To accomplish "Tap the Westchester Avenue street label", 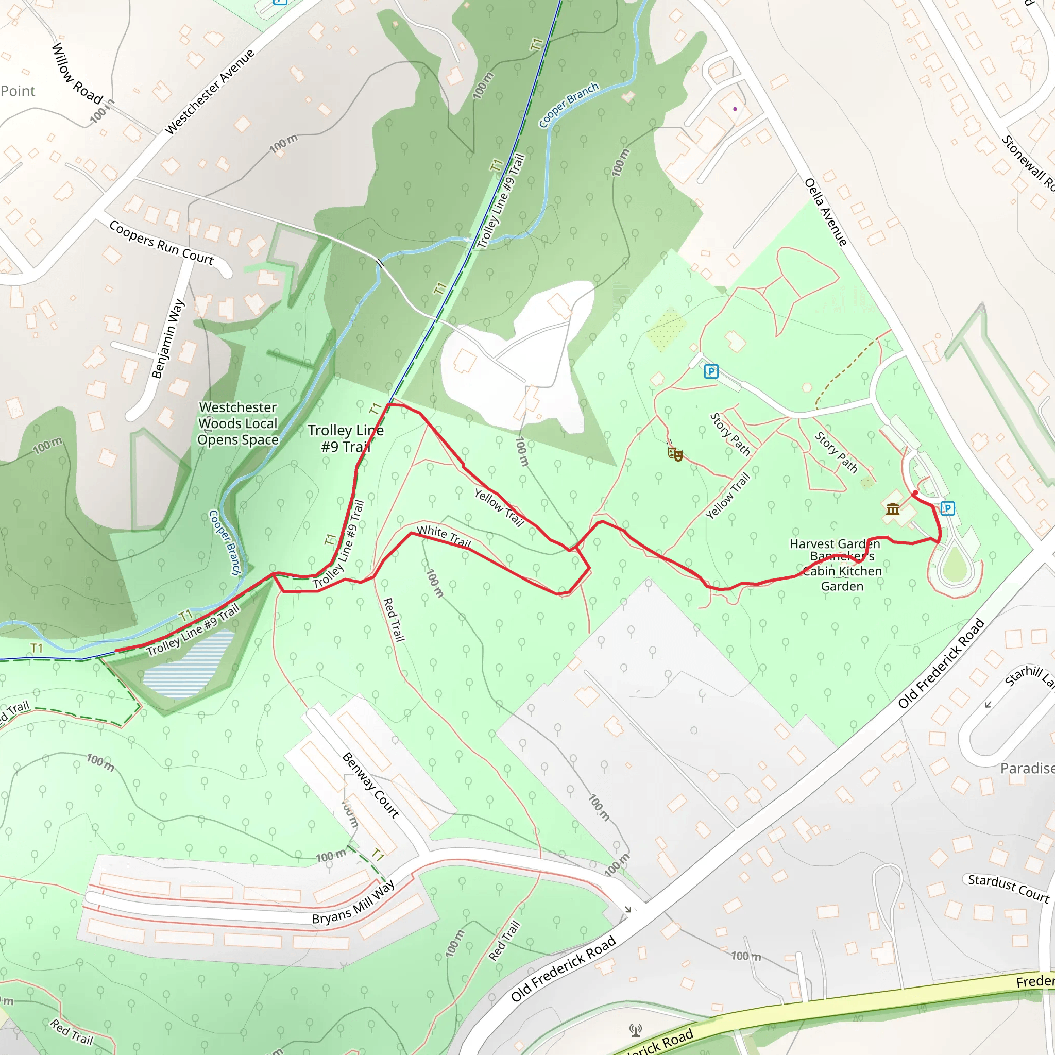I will (x=210, y=92).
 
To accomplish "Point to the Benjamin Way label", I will (x=167, y=338).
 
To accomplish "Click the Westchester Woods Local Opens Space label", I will (x=238, y=423).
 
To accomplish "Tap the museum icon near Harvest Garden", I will (x=893, y=509).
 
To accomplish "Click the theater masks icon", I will (x=675, y=453).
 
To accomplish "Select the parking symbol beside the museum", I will (x=947, y=508).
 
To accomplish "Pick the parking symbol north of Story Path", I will (x=711, y=371).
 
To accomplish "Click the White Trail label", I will (x=444, y=536).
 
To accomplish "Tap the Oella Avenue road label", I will (x=826, y=212).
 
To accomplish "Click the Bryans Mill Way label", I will (x=353, y=903).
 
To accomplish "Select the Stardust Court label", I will (x=1008, y=888).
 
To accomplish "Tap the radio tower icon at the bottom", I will (x=635, y=1030).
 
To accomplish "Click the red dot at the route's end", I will (x=915, y=493).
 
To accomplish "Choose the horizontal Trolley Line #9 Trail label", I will (x=346, y=438).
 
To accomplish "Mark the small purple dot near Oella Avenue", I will (x=735, y=109).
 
